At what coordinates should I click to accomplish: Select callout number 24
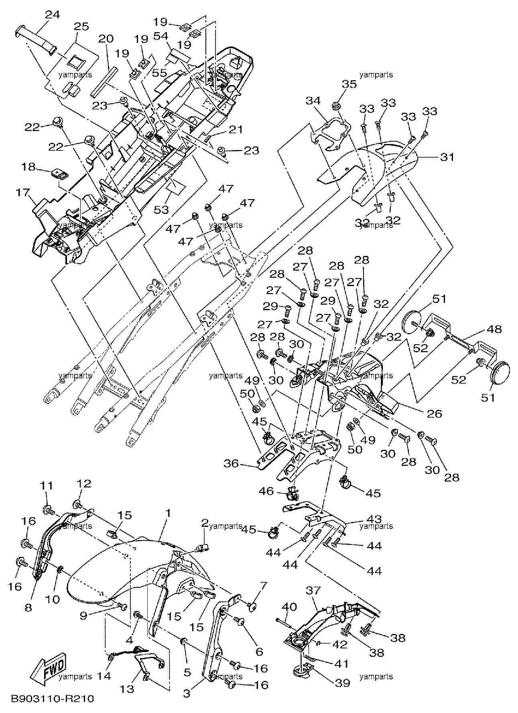point(52,15)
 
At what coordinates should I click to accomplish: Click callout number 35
point(349,84)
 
